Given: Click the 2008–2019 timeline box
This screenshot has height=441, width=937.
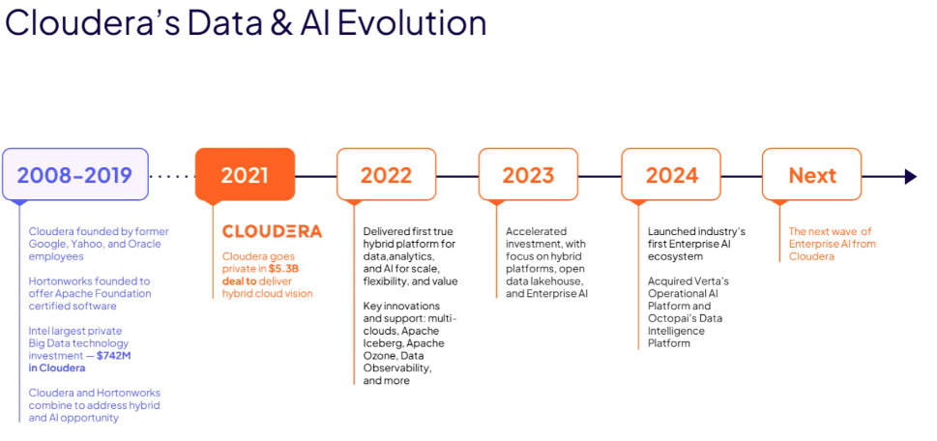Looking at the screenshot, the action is (x=75, y=174).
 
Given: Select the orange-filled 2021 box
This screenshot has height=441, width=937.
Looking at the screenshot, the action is (x=245, y=174).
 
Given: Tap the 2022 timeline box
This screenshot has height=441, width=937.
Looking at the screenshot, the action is (x=386, y=174).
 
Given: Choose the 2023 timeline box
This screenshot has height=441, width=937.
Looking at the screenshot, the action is (x=528, y=174).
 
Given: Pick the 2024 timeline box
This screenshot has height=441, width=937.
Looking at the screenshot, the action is (x=672, y=174).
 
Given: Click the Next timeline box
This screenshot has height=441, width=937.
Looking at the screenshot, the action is (x=812, y=174).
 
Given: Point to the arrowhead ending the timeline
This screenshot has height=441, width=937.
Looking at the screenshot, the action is (x=911, y=176).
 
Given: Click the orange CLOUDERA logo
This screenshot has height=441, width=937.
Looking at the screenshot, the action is (x=272, y=231).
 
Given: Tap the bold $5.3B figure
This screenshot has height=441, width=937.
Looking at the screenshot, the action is (x=284, y=269).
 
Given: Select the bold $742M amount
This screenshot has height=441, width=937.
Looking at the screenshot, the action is (x=112, y=356).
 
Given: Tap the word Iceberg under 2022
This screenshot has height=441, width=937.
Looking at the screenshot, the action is (x=383, y=343).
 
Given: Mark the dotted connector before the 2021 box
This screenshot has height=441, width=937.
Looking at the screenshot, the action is (x=172, y=176).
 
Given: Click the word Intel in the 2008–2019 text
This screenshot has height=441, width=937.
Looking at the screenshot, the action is (x=38, y=331).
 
